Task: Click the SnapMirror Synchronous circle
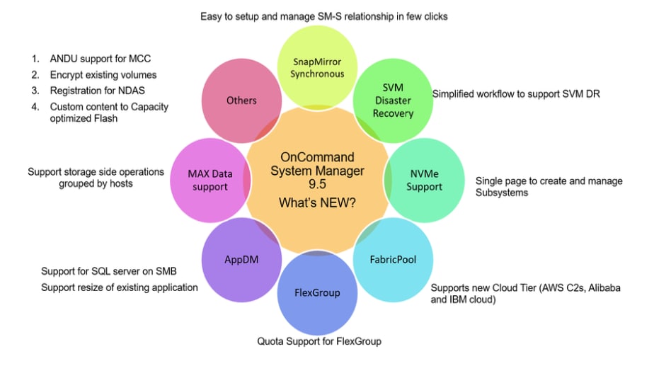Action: pos(319,68)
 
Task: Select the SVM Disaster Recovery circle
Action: pos(393,101)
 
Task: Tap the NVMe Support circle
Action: pos(424,180)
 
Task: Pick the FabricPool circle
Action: pos(393,259)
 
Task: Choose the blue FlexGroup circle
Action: pos(317,292)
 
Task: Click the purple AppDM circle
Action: pos(241,259)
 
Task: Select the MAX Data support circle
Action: pos(208,180)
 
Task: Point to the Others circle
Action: pos(241,101)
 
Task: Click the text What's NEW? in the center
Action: pos(317,202)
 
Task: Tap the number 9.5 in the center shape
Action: pos(317,185)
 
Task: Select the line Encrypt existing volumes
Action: pos(103,74)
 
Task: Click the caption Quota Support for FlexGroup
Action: pos(319,341)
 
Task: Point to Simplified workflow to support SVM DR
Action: pos(516,93)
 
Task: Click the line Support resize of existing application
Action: pos(120,287)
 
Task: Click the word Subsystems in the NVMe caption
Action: pos(502,193)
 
